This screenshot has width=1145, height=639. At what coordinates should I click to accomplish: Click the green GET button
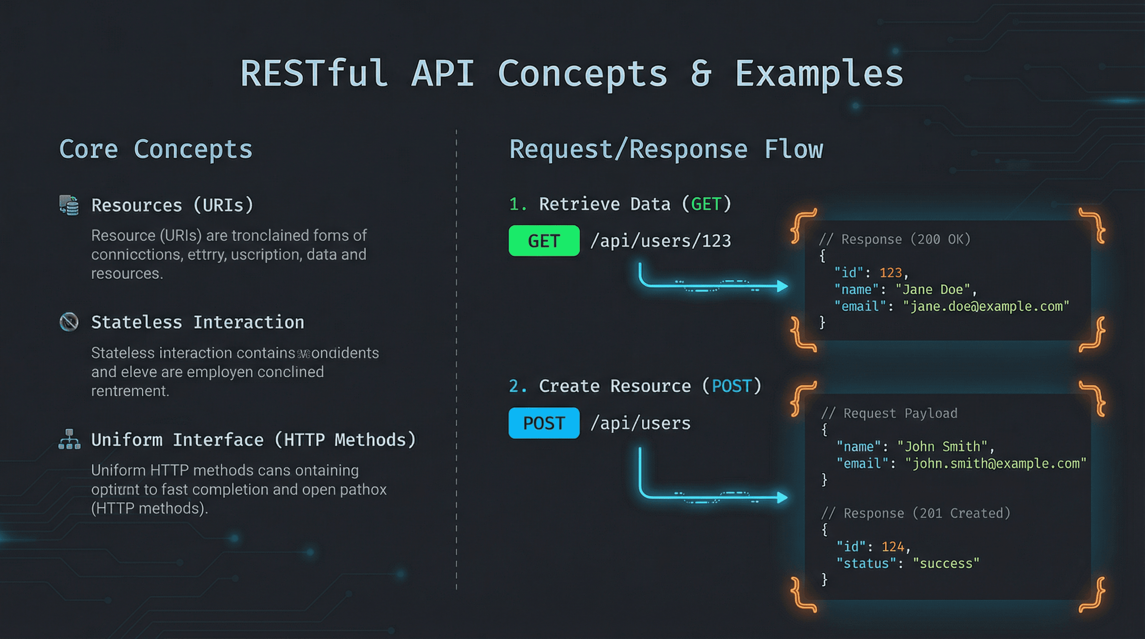544,241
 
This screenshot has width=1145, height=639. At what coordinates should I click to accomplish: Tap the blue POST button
544,423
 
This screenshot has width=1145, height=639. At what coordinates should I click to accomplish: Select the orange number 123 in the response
890,272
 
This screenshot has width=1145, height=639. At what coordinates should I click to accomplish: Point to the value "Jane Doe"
932,290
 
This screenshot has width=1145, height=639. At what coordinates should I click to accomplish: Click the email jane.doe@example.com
986,306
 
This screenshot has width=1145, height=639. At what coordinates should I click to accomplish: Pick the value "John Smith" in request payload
942,446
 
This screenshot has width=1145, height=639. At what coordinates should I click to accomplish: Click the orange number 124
892,547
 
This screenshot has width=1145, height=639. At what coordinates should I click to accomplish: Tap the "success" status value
946,563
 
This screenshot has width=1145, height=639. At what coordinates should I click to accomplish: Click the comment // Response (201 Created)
916,513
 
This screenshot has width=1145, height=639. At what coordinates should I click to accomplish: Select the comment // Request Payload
889,413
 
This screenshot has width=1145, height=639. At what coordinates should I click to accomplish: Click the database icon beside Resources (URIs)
69,205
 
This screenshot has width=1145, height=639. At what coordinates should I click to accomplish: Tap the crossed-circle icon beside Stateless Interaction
69,322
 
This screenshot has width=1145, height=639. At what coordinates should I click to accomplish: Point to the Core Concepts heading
156,149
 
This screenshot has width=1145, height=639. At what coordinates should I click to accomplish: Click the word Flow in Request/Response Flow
793,149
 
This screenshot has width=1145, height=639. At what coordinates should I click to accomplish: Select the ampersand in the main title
701,73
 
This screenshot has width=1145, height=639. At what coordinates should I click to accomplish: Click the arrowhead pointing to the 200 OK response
782,286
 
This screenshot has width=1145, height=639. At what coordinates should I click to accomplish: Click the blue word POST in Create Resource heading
731,386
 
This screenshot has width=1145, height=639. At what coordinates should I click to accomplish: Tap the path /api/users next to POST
640,423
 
